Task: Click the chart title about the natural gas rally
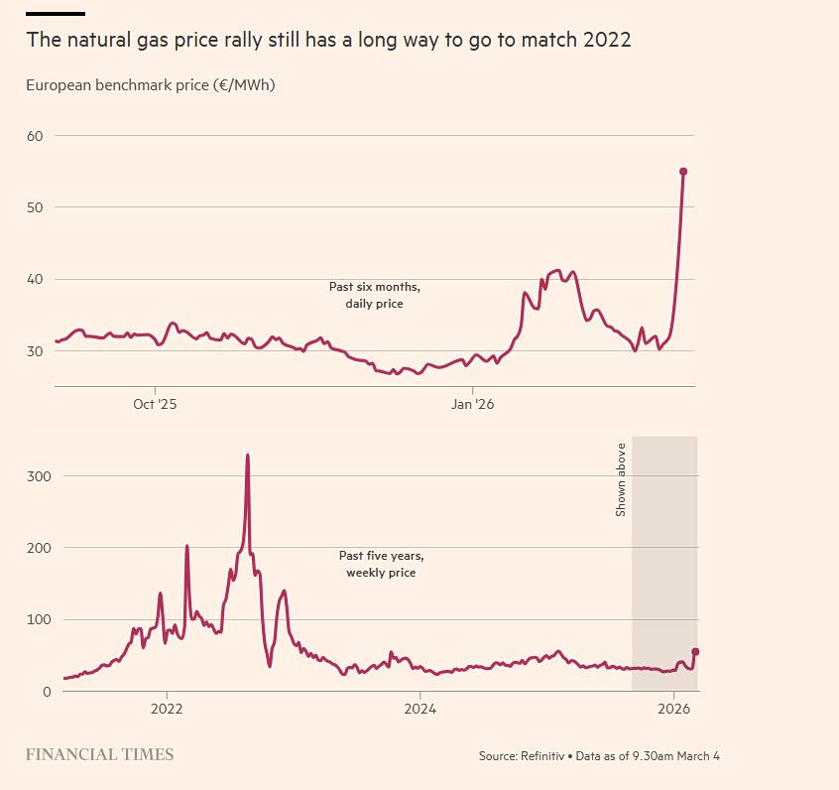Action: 328,41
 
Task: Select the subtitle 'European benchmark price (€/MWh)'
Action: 150,85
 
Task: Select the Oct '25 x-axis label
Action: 156,404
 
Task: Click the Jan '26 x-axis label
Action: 473,404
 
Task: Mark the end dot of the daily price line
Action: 683,172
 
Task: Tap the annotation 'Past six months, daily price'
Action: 375,295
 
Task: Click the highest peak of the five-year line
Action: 247,456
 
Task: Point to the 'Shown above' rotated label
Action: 622,479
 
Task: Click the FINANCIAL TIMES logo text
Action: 99,755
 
